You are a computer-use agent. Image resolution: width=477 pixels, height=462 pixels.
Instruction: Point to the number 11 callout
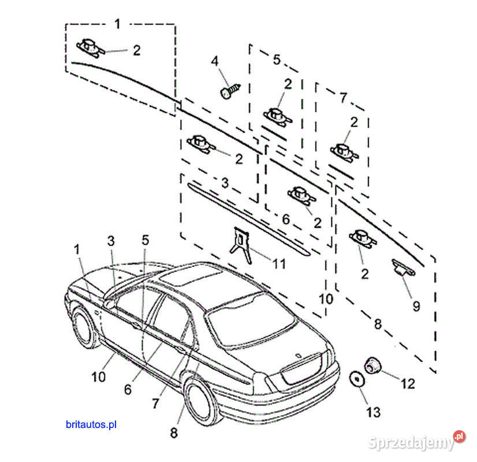pos(279,264)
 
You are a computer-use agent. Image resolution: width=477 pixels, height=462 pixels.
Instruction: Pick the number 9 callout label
pos(416,306)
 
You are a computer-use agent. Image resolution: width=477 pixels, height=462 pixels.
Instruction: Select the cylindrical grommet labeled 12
pos(371,366)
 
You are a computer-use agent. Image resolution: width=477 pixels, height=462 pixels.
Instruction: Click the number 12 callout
pos(408,383)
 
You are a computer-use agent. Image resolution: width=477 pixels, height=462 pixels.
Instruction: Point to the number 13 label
pos(373,412)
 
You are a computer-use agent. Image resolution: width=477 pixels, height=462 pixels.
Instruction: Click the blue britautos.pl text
pos(91,424)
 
